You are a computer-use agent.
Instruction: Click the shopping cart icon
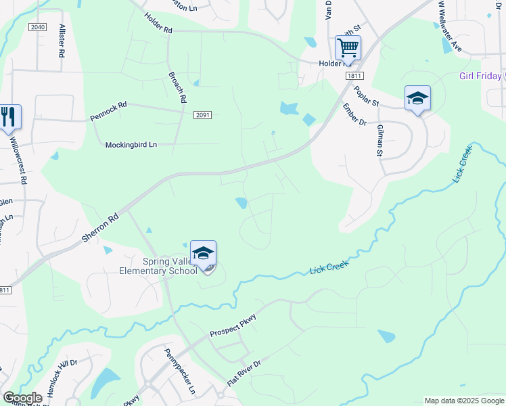pos(348,48)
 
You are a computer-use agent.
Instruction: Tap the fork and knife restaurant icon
pos(9,116)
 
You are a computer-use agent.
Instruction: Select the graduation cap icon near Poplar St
pos(417,99)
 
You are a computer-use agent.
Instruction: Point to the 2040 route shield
pos(38,26)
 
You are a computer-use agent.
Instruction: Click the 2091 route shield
pos(202,115)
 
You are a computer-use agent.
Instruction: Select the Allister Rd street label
pos(62,40)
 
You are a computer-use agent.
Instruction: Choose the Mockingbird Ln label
pos(131,144)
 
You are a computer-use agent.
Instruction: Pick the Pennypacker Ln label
pos(180,371)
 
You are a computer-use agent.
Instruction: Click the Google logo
pos(22,398)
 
